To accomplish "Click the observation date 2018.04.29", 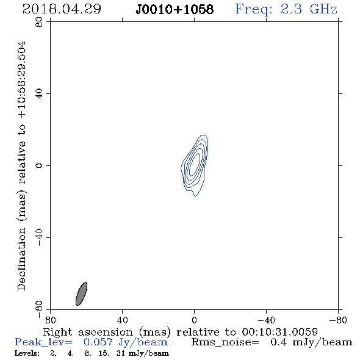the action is coord(62,9).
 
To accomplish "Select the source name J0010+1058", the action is coord(175,9).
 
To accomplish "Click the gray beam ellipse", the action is coord(81,293).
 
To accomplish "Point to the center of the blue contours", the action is coord(195,165).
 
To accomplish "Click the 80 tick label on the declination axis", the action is coord(39,22).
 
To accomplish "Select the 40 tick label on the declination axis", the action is coord(39,94).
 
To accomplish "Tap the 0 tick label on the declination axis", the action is coord(39,165).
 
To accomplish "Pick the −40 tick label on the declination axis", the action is coord(39,237).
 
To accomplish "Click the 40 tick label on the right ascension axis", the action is coord(122,320).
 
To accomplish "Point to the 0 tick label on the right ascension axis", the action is coord(195,320).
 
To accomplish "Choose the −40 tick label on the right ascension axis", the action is coord(266,320).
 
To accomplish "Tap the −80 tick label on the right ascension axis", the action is coord(338,320).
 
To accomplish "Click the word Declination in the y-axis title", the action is coord(21,259).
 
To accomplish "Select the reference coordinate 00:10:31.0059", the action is coord(279,332).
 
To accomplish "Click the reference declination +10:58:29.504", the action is coord(22,79).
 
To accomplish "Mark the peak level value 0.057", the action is coord(98,342).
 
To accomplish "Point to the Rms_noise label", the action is coord(225,342).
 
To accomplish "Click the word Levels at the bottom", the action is coord(27,353).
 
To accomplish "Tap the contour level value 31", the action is coord(120,353).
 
